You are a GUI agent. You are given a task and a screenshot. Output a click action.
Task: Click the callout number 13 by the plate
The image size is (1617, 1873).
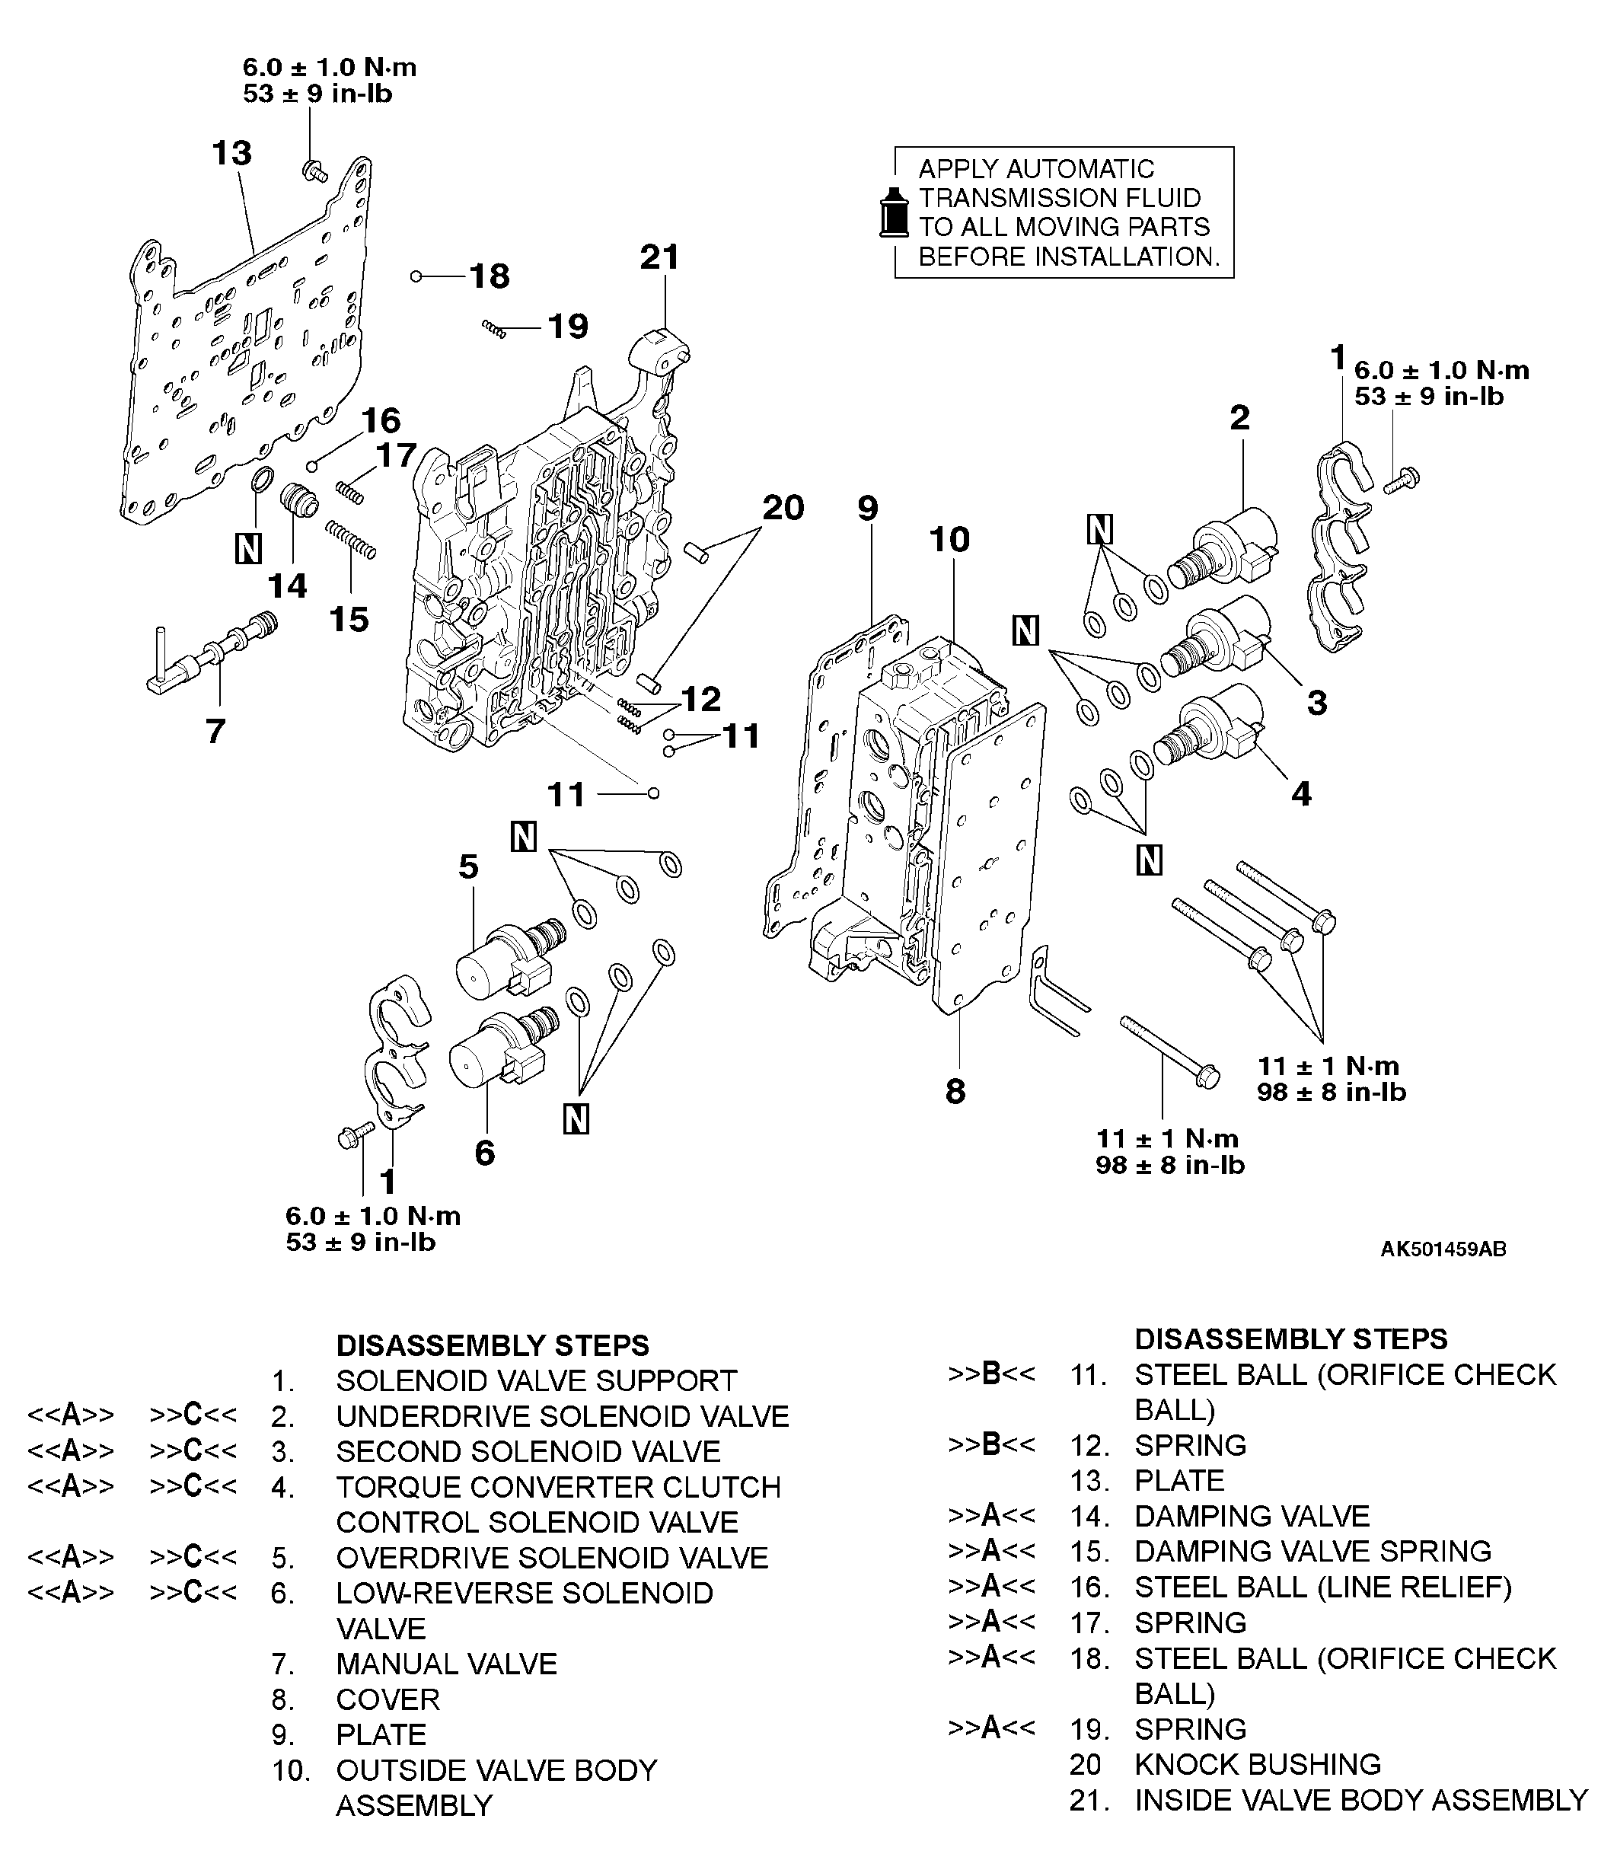pyautogui.click(x=231, y=153)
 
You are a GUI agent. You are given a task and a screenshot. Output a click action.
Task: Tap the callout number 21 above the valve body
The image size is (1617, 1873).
pyautogui.click(x=659, y=257)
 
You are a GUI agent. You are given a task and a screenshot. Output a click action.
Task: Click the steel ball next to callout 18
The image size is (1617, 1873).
pyautogui.click(x=416, y=276)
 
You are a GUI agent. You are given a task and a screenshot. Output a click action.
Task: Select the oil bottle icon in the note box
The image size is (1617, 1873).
pyautogui.click(x=894, y=213)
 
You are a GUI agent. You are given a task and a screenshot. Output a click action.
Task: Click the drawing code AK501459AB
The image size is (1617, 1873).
pyautogui.click(x=1443, y=1249)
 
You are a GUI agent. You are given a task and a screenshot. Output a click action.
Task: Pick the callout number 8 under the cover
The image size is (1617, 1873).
pyautogui.click(x=955, y=1092)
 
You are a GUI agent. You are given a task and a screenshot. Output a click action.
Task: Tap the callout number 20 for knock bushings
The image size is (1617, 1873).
pyautogui.click(x=783, y=508)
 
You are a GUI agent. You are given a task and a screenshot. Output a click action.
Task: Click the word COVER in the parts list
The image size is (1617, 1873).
pyautogui.click(x=388, y=1699)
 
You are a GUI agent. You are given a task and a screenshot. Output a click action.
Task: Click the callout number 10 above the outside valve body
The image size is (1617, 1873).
pyautogui.click(x=949, y=540)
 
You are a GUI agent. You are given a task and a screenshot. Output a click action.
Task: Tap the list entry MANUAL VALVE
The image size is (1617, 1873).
pyautogui.click(x=447, y=1664)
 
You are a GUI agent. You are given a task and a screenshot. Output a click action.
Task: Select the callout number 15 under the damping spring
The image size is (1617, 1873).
pyautogui.click(x=349, y=619)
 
